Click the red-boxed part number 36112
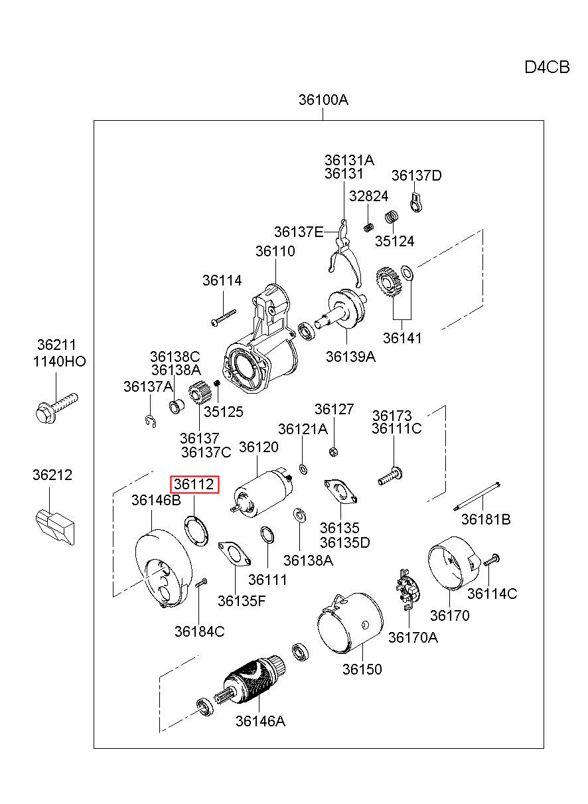[x=194, y=484]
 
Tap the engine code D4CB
[x=547, y=67]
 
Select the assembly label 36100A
[x=323, y=100]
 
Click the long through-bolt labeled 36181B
[x=477, y=496]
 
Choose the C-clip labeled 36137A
[x=151, y=422]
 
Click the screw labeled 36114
[x=224, y=317]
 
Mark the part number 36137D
[x=416, y=175]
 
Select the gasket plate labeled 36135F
[x=234, y=553]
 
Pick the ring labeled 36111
[x=267, y=536]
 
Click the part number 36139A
[x=350, y=357]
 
